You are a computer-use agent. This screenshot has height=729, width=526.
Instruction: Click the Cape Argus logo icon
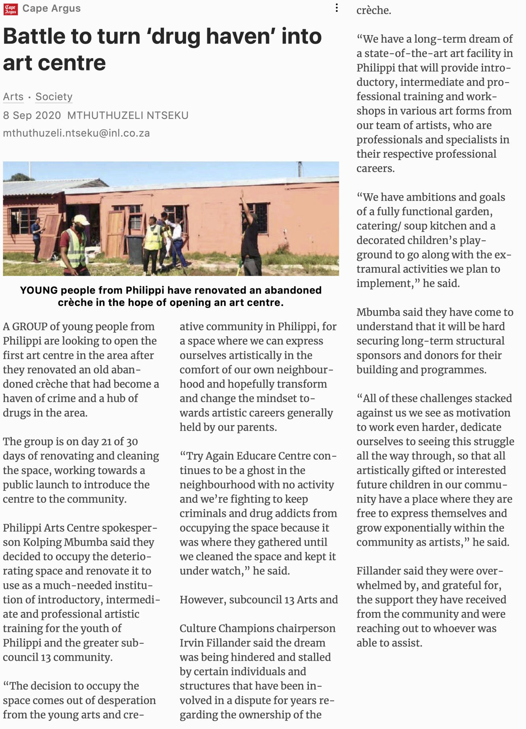[10, 9]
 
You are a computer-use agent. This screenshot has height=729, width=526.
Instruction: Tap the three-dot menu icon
[336, 8]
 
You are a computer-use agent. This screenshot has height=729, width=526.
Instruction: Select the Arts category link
[13, 97]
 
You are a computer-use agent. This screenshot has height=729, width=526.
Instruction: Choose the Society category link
[54, 97]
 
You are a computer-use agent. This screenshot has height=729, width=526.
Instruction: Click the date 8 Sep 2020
[32, 115]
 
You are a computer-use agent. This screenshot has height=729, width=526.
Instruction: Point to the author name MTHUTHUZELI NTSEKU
[128, 115]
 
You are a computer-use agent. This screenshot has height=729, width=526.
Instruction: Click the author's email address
[76, 133]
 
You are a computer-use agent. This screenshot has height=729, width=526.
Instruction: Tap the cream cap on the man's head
[81, 220]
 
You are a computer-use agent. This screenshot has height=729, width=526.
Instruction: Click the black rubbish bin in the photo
[135, 249]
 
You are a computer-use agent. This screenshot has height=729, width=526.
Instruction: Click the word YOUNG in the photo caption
[39, 290]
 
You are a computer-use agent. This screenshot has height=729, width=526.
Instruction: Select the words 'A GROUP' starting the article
[25, 327]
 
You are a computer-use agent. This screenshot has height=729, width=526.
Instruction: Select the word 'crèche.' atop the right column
[374, 10]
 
